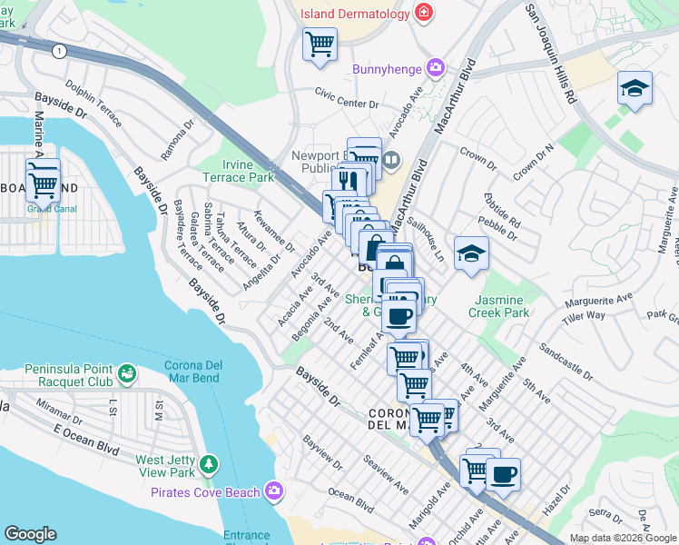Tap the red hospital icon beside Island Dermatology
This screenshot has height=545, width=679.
tap(423, 12)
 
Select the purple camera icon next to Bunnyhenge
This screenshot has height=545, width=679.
tap(437, 67)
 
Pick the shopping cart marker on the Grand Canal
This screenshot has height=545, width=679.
tap(43, 183)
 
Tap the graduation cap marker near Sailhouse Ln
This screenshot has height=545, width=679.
tap(471, 253)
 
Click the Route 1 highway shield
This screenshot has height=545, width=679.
tap(59, 52)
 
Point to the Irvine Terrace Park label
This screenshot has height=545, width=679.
tap(236, 171)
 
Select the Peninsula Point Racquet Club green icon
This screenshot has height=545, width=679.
tap(126, 372)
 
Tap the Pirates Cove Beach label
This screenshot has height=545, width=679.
tap(206, 492)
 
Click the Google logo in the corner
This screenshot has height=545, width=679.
tap(30, 534)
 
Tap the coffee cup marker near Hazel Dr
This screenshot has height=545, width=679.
tap(503, 475)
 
